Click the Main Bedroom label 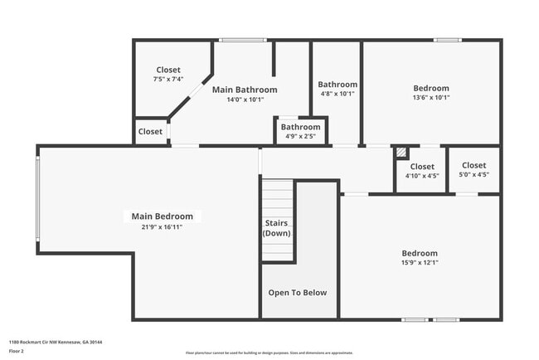coord(163,216)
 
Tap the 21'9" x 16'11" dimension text coord(163,227)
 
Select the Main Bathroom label coord(245,90)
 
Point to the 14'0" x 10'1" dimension coord(245,100)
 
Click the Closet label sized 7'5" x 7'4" coord(168,71)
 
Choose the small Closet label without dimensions coord(150,132)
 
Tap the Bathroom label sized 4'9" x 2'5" coord(300,127)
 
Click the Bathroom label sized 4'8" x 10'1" coord(337,85)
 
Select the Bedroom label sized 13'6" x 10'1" coord(431,88)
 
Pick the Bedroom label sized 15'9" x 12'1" coord(420,253)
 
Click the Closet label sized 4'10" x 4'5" coord(422,167)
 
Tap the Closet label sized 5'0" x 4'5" coord(473,165)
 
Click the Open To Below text coord(298,293)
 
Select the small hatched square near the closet coord(401,153)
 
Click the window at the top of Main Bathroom coord(236,39)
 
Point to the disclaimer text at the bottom coord(269,353)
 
